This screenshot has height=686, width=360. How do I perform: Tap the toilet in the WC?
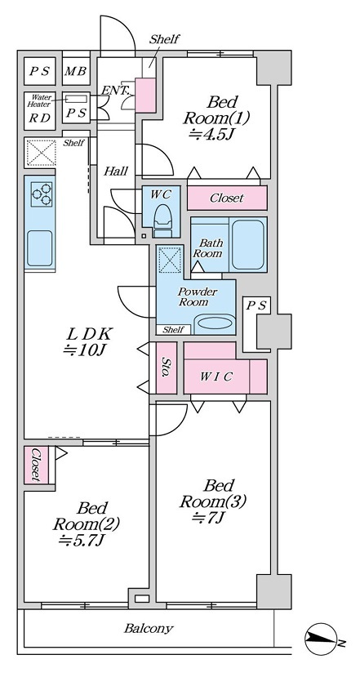163,217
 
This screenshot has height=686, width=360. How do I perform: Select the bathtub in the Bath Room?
247,244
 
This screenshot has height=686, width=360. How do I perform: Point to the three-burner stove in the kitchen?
42,194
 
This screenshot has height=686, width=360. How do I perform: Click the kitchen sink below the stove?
39,248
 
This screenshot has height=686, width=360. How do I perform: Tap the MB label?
76,71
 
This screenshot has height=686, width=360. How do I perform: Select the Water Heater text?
39,101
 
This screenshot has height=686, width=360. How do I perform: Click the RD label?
39,118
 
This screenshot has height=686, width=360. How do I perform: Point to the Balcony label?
149,629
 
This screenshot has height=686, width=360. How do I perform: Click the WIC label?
216,376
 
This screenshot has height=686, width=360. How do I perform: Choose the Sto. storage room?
167,368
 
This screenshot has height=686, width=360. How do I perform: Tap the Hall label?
116,171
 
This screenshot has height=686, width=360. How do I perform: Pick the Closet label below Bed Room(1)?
227,198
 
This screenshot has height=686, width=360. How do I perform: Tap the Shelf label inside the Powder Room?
173,330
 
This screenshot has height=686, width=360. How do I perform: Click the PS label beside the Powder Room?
256,305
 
